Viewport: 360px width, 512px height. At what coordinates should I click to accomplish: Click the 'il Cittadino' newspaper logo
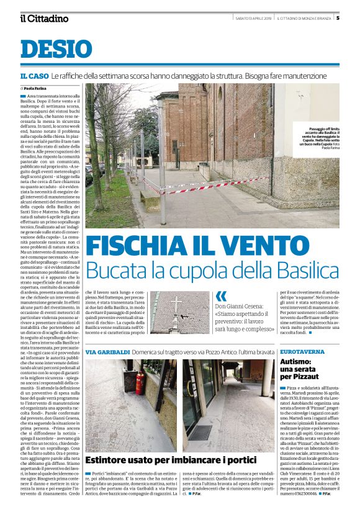pyautogui.click(x=43, y=18)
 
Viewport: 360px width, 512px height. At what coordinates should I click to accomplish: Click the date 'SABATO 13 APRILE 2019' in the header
pyautogui.click(x=253, y=17)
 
